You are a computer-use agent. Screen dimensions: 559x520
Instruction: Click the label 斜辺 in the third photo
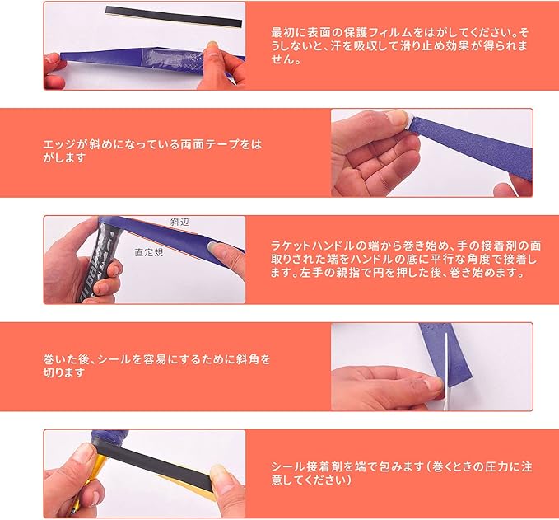(179, 222)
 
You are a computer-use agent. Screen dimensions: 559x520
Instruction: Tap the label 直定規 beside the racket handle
(149, 252)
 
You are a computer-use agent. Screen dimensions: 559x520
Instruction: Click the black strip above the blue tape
(174, 16)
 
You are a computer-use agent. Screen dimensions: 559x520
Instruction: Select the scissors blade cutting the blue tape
(446, 371)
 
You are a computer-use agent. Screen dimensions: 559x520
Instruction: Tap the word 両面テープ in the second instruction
(210, 144)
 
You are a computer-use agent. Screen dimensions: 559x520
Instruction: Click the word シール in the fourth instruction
(114, 359)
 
